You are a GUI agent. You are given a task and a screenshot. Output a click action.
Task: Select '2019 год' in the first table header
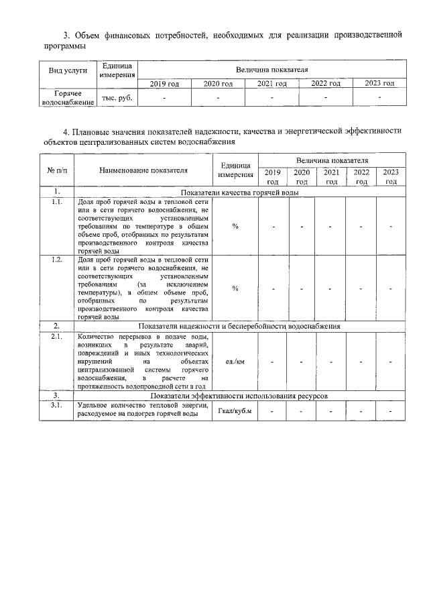coord(164,84)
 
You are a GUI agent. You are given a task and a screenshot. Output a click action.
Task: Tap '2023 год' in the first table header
coord(379,84)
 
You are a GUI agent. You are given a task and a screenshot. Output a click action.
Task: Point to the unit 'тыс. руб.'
coord(117,99)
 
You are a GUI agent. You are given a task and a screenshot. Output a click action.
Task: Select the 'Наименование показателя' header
coord(143,170)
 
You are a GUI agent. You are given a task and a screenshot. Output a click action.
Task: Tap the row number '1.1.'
coord(57,202)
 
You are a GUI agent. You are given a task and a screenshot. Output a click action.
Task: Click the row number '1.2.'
coord(57,259)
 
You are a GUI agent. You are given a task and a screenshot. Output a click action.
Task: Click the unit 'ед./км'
coord(235,362)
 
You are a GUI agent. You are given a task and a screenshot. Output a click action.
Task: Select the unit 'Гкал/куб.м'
coord(235,411)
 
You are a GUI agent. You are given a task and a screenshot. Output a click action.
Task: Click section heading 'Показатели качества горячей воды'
coord(239,192)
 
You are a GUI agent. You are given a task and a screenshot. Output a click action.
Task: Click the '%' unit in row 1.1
coord(235,226)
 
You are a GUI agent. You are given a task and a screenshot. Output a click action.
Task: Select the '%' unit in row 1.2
coord(235,288)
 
